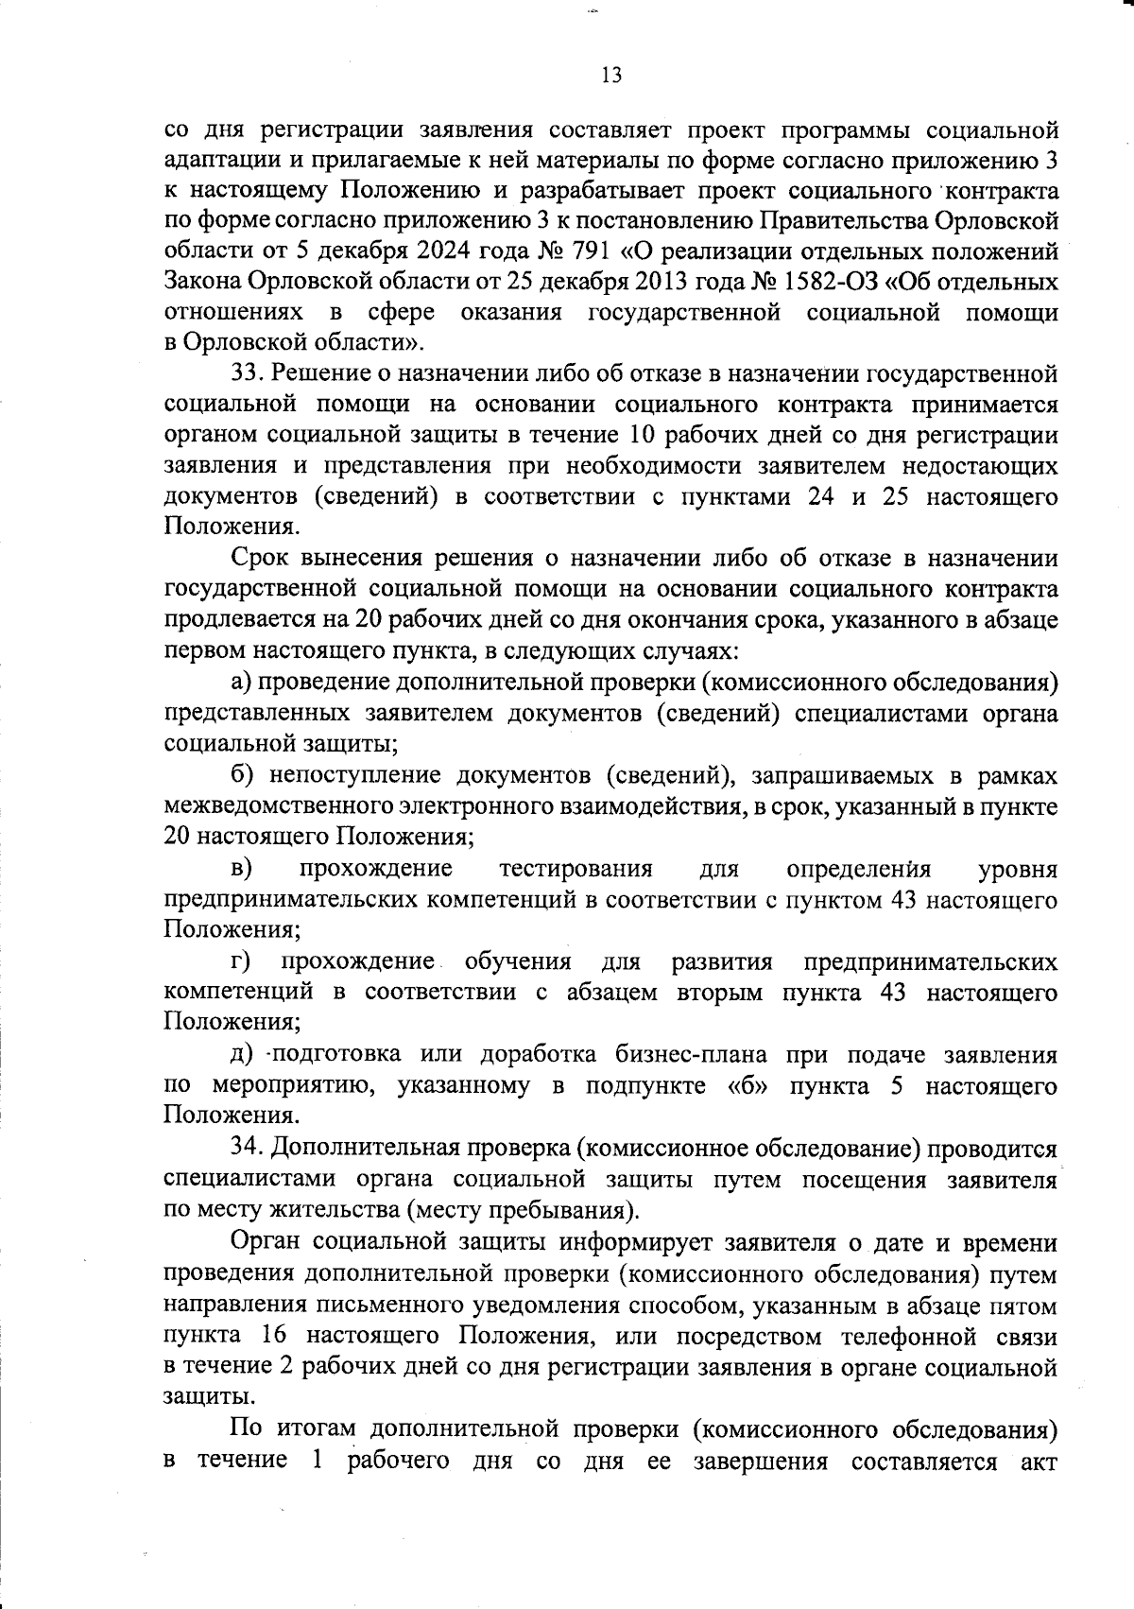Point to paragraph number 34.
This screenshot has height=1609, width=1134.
click(x=249, y=1148)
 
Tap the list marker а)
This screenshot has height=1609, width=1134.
click(x=241, y=683)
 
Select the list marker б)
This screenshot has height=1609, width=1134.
click(x=242, y=775)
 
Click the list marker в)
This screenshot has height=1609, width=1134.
click(x=241, y=868)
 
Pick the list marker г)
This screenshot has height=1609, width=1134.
click(x=241, y=961)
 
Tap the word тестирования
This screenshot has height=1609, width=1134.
click(x=576, y=868)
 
